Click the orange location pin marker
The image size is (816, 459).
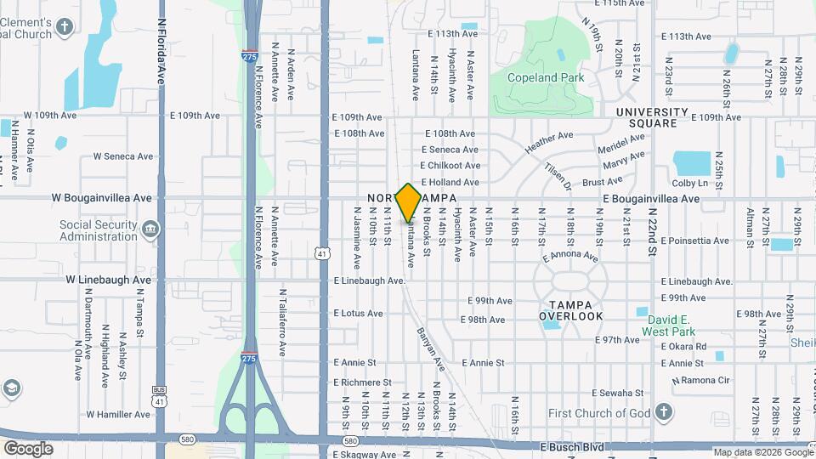pyautogui.click(x=408, y=202)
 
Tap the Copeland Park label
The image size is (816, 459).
pyautogui.click(x=546, y=77)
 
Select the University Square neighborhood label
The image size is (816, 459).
pyautogui.click(x=652, y=117)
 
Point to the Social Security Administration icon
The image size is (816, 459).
pyautogui.click(x=150, y=229)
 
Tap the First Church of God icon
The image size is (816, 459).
pyautogui.click(x=665, y=413)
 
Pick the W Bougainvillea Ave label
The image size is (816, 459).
pyautogui.click(x=102, y=198)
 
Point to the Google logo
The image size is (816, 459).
pyautogui.click(x=28, y=448)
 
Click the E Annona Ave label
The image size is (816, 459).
pyautogui.click(x=569, y=255)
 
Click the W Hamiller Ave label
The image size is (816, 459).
pyautogui.click(x=118, y=414)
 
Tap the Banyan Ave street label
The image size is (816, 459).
pyautogui.click(x=431, y=348)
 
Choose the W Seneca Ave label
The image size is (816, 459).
pyautogui.click(x=123, y=156)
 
